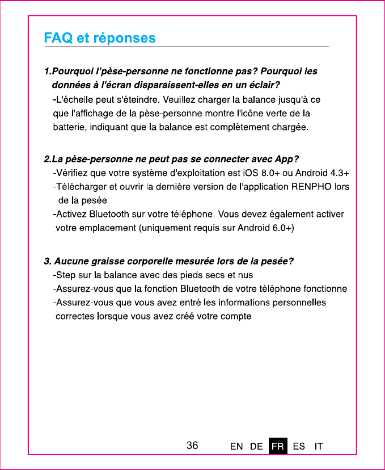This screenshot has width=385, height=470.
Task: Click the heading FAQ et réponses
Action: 100,38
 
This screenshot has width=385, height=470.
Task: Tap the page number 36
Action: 193,446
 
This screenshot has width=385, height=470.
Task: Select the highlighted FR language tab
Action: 278,446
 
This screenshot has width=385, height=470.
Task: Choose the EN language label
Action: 236,446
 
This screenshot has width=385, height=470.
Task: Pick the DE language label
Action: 256,446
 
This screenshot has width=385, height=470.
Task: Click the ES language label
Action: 299,446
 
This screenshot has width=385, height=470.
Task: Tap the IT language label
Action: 319,446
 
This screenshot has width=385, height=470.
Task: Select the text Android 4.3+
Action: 323,173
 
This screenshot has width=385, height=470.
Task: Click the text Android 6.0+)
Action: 266,228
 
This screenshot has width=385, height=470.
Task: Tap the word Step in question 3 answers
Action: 67,275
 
